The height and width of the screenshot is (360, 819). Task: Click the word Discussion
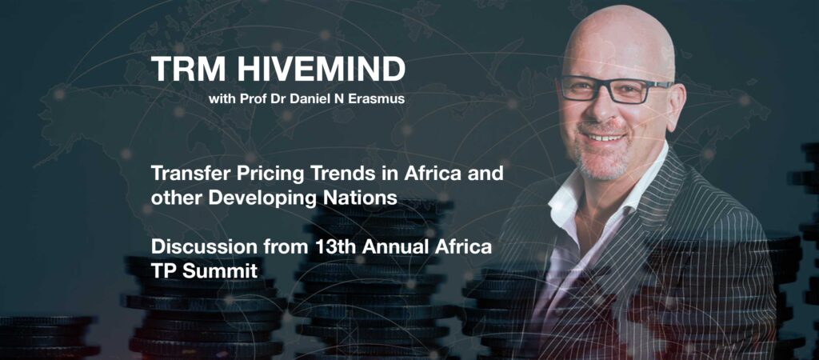coord(197,246)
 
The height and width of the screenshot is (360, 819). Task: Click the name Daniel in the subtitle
coord(311,98)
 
